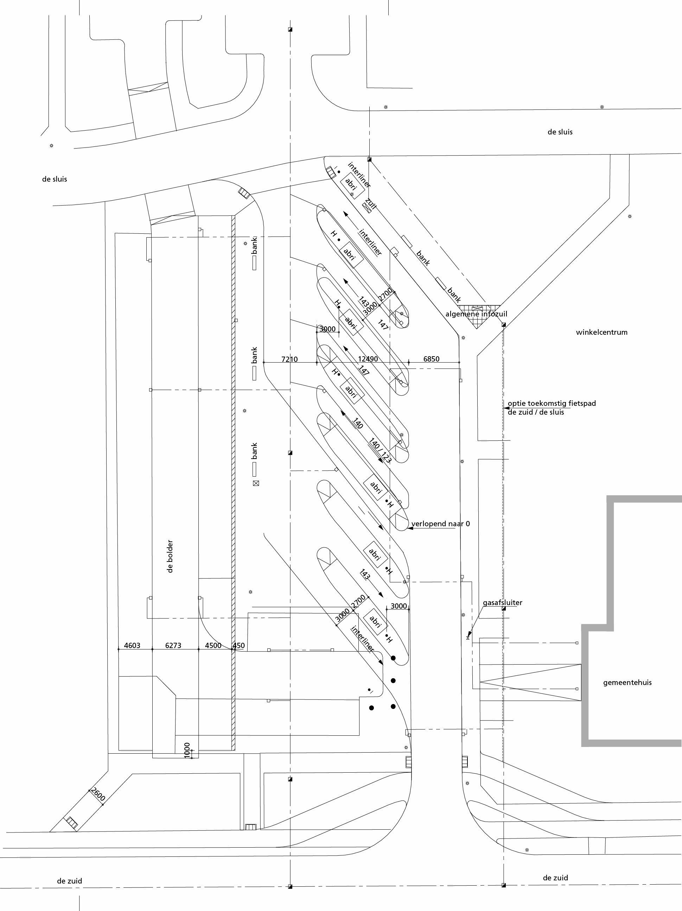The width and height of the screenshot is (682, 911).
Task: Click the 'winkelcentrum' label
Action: click(x=601, y=332)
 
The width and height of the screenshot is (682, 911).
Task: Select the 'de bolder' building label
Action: click(x=170, y=556)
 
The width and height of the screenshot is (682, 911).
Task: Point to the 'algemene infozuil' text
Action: click(x=476, y=314)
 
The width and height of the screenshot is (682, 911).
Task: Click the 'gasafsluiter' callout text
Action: click(x=502, y=603)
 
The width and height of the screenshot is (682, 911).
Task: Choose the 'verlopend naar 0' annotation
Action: click(x=440, y=524)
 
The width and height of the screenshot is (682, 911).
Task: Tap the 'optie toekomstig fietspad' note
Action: click(x=552, y=404)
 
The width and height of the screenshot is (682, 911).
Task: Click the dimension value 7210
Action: click(x=289, y=359)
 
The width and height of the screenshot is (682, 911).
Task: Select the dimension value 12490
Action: click(x=368, y=359)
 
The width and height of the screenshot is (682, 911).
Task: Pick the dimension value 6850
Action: click(x=431, y=359)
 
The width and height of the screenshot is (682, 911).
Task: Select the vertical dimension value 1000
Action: click(x=187, y=750)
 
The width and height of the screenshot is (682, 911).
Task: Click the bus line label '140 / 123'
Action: click(x=380, y=451)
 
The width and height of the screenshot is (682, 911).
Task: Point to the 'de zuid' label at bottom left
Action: click(x=69, y=881)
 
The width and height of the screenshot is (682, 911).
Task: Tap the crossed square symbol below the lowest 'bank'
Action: click(x=256, y=483)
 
